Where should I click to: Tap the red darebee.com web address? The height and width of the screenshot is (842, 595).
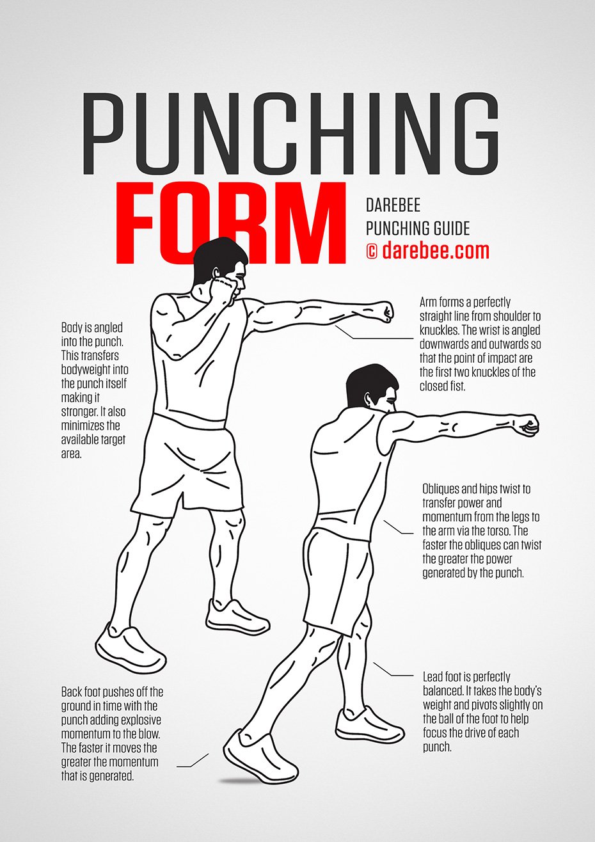click(436, 250)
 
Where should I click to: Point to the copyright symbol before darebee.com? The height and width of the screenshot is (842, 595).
click(371, 251)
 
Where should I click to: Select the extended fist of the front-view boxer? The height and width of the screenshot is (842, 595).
click(385, 311)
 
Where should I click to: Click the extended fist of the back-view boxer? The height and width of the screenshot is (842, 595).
click(528, 425)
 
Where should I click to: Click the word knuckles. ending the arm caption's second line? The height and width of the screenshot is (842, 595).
click(440, 330)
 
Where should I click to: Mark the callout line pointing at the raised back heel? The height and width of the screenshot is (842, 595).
click(193, 762)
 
